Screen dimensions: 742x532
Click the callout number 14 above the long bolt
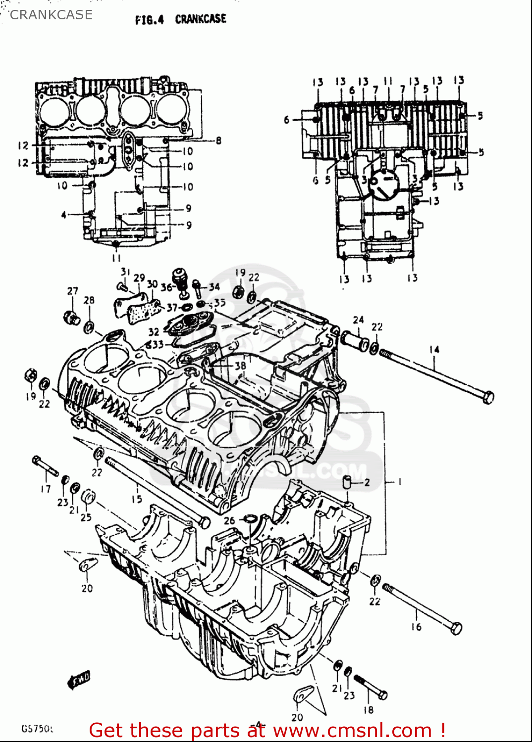[434, 350]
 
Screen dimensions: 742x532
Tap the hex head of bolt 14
[488, 397]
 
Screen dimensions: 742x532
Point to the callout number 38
[240, 366]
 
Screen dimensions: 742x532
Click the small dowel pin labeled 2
[350, 481]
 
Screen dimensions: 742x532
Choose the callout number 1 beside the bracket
[399, 481]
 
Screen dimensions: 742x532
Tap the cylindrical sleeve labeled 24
[354, 342]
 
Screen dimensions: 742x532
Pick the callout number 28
[89, 300]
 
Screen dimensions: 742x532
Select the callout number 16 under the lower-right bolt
[416, 627]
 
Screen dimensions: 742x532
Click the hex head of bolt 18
[381, 695]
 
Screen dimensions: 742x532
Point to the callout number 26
[229, 520]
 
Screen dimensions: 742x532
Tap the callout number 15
[137, 499]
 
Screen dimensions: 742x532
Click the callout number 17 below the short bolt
[46, 489]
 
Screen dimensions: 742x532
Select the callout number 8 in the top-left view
[218, 140]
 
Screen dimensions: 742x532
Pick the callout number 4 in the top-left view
[63, 215]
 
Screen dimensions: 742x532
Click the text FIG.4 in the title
[149, 20]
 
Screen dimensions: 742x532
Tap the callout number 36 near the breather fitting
[166, 287]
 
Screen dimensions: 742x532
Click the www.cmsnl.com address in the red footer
[352, 730]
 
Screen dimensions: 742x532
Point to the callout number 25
[86, 517]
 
